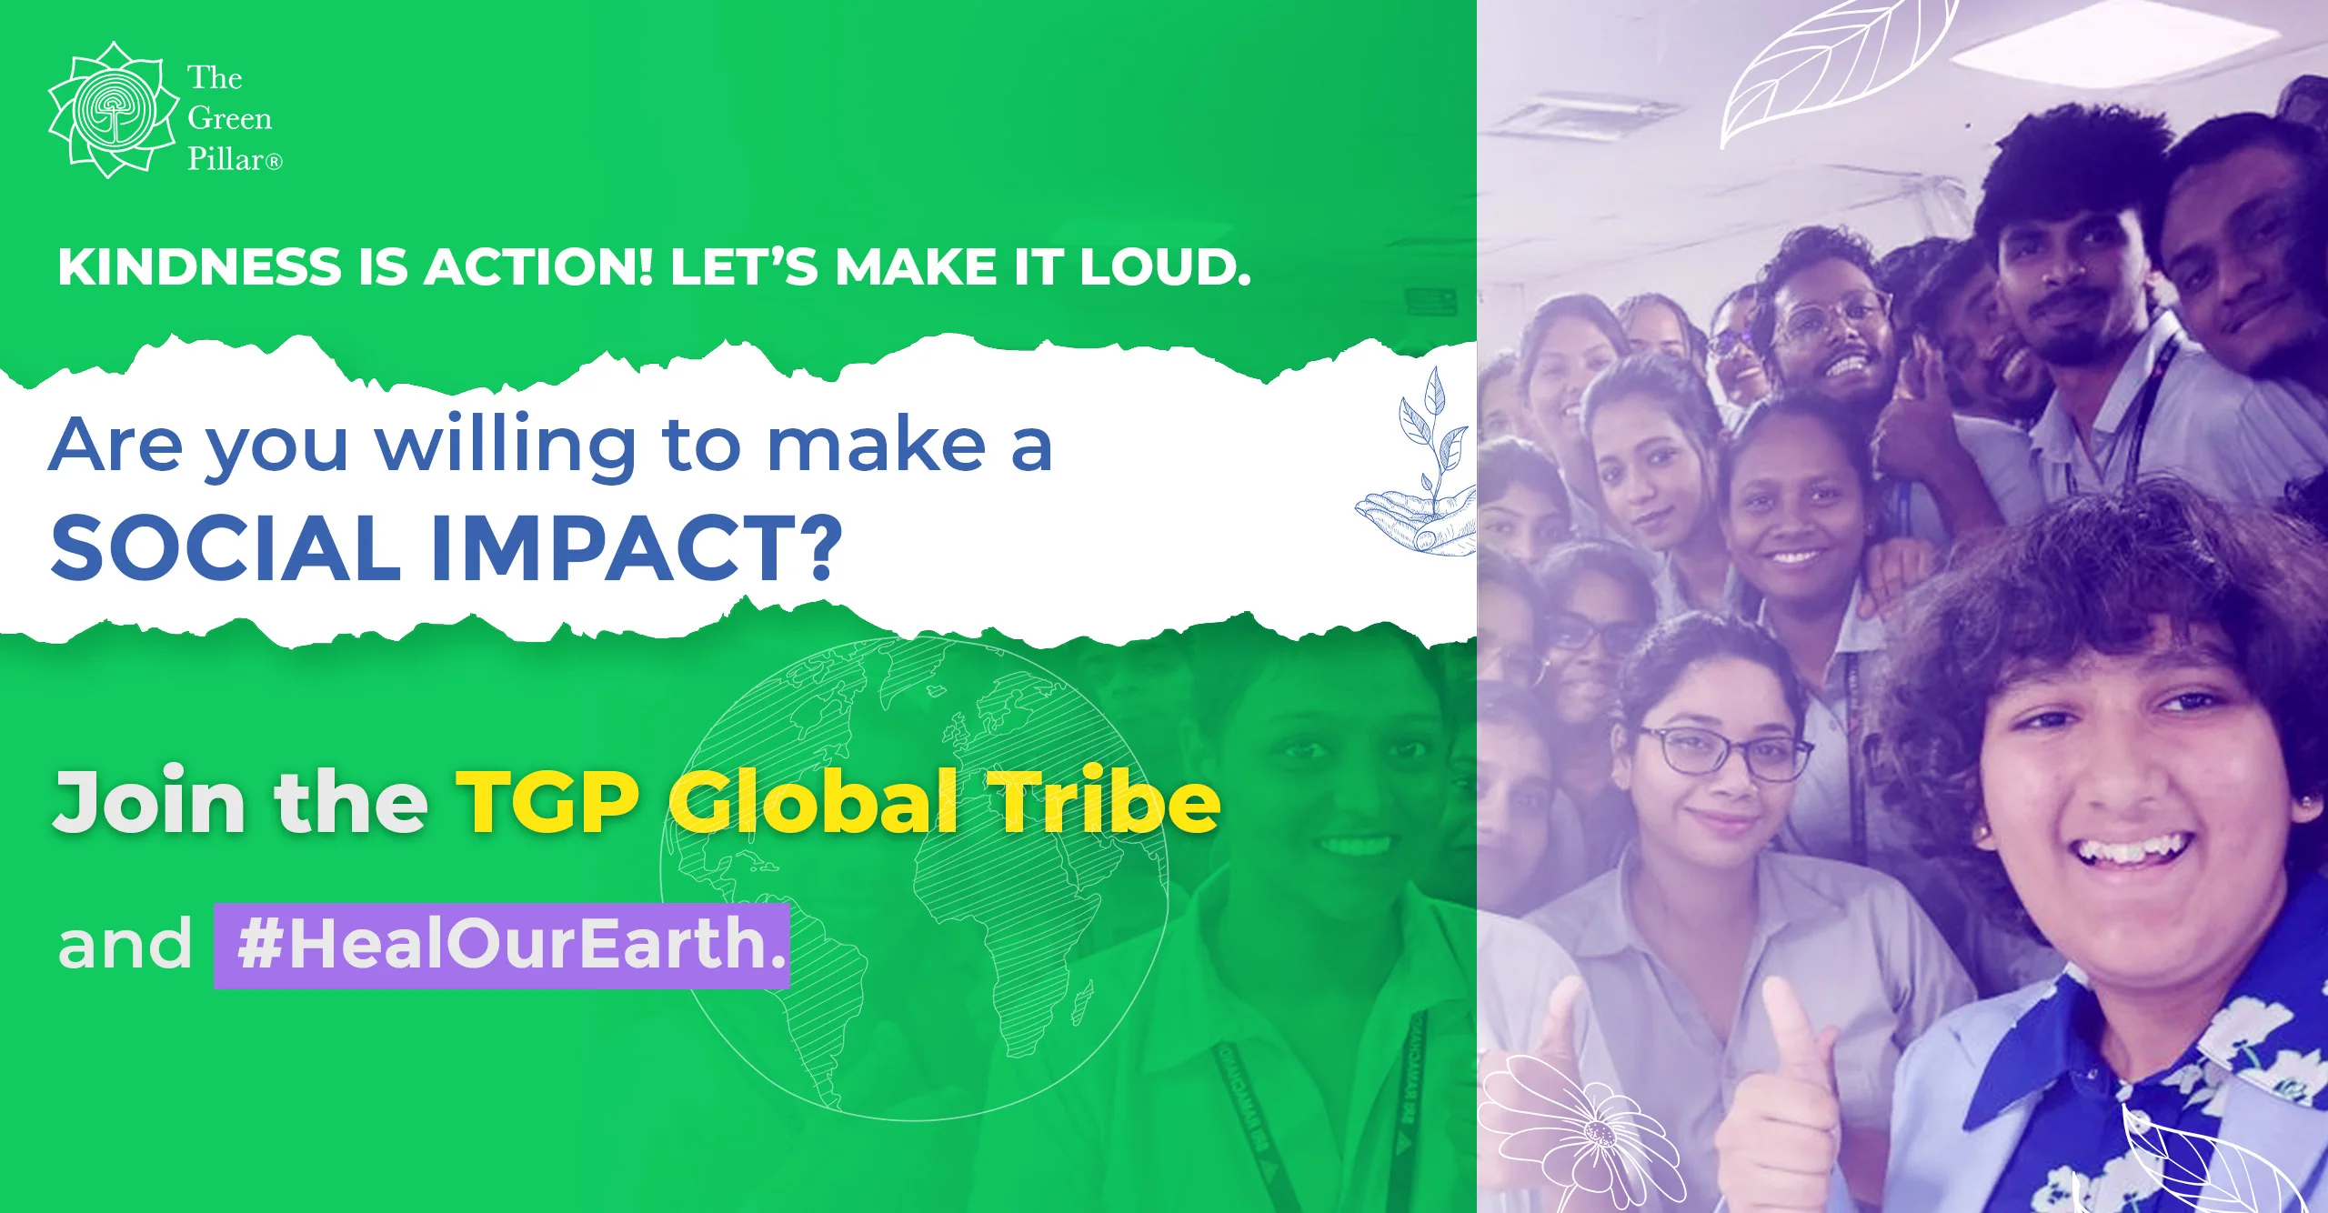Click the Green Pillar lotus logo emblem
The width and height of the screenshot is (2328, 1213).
click(x=113, y=109)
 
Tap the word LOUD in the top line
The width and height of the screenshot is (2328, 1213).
click(x=1165, y=267)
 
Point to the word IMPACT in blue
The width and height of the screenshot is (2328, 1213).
click(x=637, y=547)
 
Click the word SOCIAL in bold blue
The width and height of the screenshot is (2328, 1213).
click(x=226, y=547)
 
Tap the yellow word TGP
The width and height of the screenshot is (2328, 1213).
click(x=549, y=801)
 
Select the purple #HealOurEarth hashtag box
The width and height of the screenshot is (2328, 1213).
click(x=502, y=946)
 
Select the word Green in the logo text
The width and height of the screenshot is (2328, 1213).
click(x=230, y=119)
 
